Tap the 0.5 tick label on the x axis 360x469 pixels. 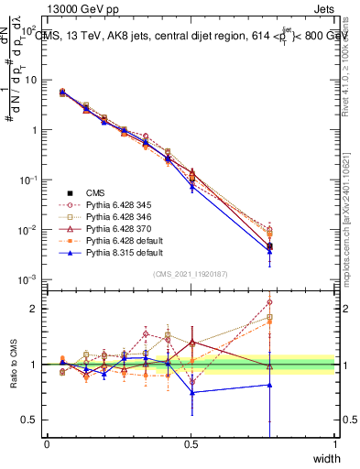point(191,443)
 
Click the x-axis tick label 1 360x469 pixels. point(334,443)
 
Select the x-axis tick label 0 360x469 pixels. point(47,443)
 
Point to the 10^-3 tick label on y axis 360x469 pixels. point(27,279)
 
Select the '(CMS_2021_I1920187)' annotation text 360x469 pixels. point(191,272)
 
